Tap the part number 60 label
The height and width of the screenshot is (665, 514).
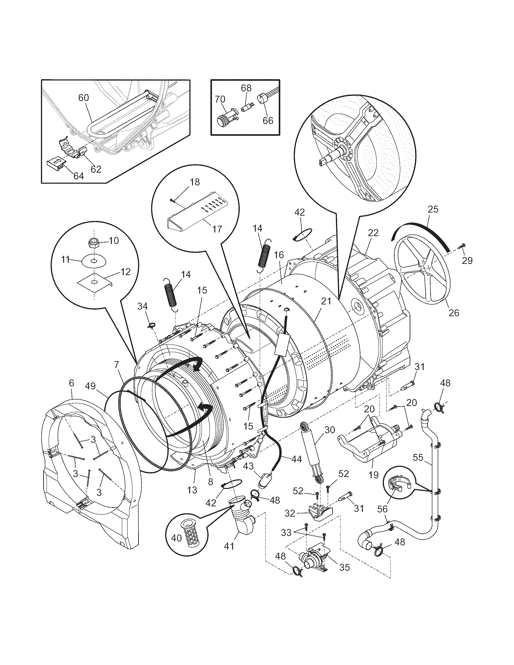(x=83, y=98)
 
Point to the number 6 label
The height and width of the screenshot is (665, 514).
(x=71, y=383)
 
